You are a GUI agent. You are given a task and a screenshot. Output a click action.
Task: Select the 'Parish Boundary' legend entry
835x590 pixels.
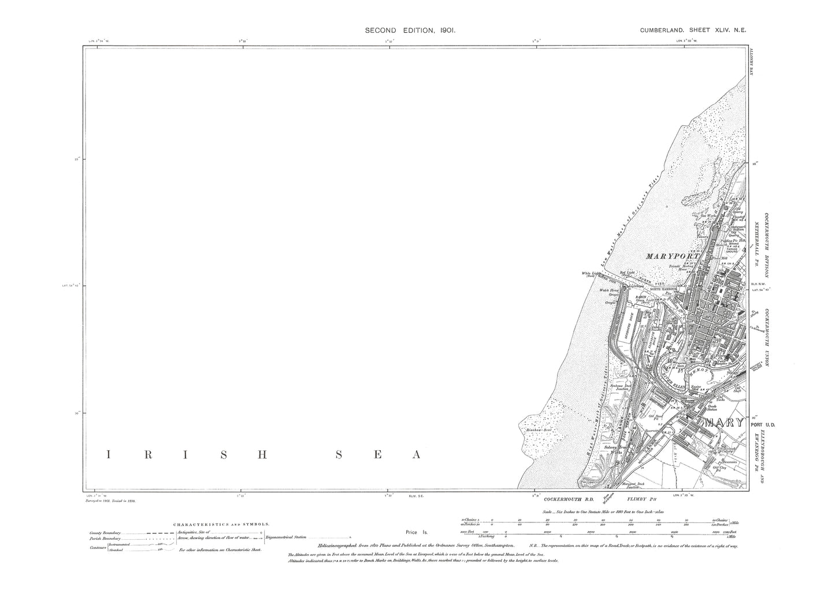click(x=105, y=539)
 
